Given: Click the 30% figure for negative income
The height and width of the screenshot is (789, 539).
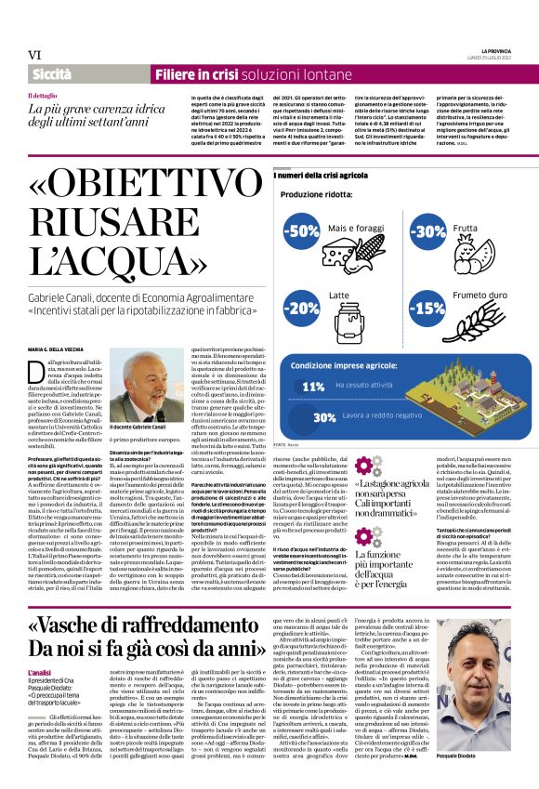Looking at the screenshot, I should pos(298,418).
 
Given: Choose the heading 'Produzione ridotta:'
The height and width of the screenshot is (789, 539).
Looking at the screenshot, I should pos(316,195).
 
